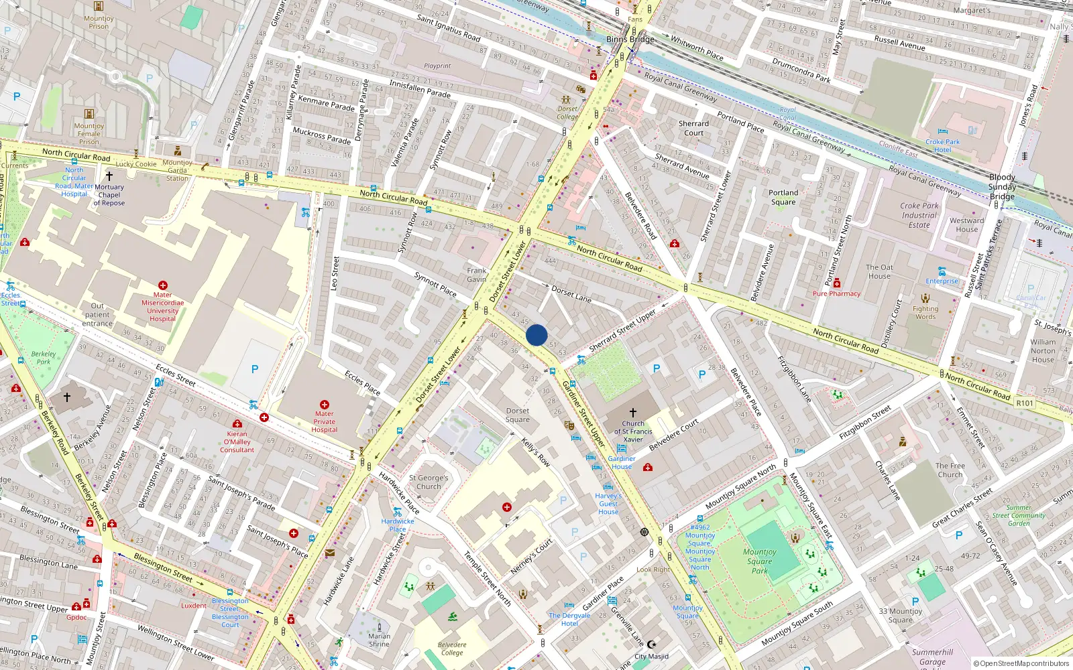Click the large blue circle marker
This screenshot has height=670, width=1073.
[536, 335]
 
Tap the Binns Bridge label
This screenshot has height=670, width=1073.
[630, 40]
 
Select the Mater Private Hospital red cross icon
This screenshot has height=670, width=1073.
[325, 405]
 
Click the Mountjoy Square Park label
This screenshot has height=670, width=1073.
[759, 561]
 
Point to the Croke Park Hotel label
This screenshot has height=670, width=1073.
[942, 145]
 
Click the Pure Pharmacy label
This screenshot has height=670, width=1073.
[836, 293]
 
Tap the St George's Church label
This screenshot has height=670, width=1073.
[429, 482]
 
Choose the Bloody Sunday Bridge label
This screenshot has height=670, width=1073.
[1002, 187]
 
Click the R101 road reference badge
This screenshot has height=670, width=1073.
[1025, 403]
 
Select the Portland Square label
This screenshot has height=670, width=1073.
[783, 197]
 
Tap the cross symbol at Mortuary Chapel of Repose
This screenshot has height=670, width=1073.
[109, 176]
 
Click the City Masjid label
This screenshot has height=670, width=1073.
[651, 657]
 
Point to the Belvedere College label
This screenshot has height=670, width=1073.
[452, 649]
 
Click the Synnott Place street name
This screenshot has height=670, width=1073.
[435, 284]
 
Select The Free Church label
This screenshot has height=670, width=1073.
[950, 470]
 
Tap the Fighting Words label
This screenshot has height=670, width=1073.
[925, 313]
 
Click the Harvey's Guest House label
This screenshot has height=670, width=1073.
[608, 504]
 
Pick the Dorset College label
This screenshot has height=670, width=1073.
[567, 113]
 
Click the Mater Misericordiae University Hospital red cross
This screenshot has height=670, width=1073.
[162, 285]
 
